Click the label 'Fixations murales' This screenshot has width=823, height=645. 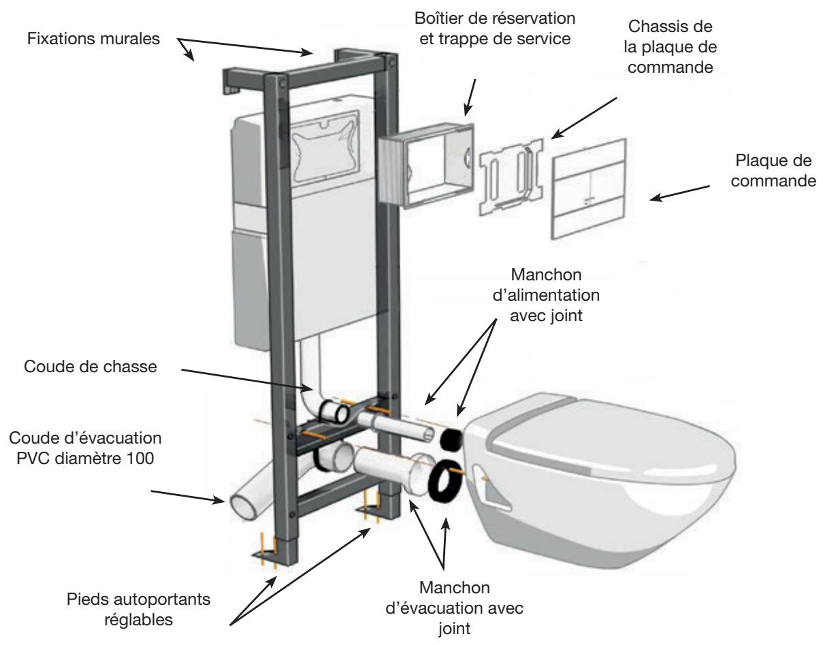click(93, 39)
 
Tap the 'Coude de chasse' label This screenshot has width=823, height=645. click(91, 367)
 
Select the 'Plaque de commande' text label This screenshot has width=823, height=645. click(773, 170)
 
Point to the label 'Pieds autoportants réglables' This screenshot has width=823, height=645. click(138, 609)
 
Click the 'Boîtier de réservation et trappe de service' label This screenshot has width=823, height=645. click(495, 29)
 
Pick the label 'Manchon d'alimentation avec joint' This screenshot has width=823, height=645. click(546, 295)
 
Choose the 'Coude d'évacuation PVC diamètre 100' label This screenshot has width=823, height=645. click(85, 448)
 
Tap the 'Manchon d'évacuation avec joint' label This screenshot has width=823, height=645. click(455, 609)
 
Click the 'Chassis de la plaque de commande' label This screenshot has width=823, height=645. click(670, 47)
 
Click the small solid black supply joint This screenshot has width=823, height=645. click(451, 440)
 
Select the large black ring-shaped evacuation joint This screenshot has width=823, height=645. click(436, 482)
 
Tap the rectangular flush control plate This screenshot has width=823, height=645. click(589, 188)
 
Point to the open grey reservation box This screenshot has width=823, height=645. click(426, 167)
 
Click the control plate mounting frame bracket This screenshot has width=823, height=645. click(511, 177)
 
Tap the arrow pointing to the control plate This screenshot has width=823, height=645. click(679, 193)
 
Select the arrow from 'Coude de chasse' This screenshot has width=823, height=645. click(247, 380)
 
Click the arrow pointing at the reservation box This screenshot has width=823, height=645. click(470, 97)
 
